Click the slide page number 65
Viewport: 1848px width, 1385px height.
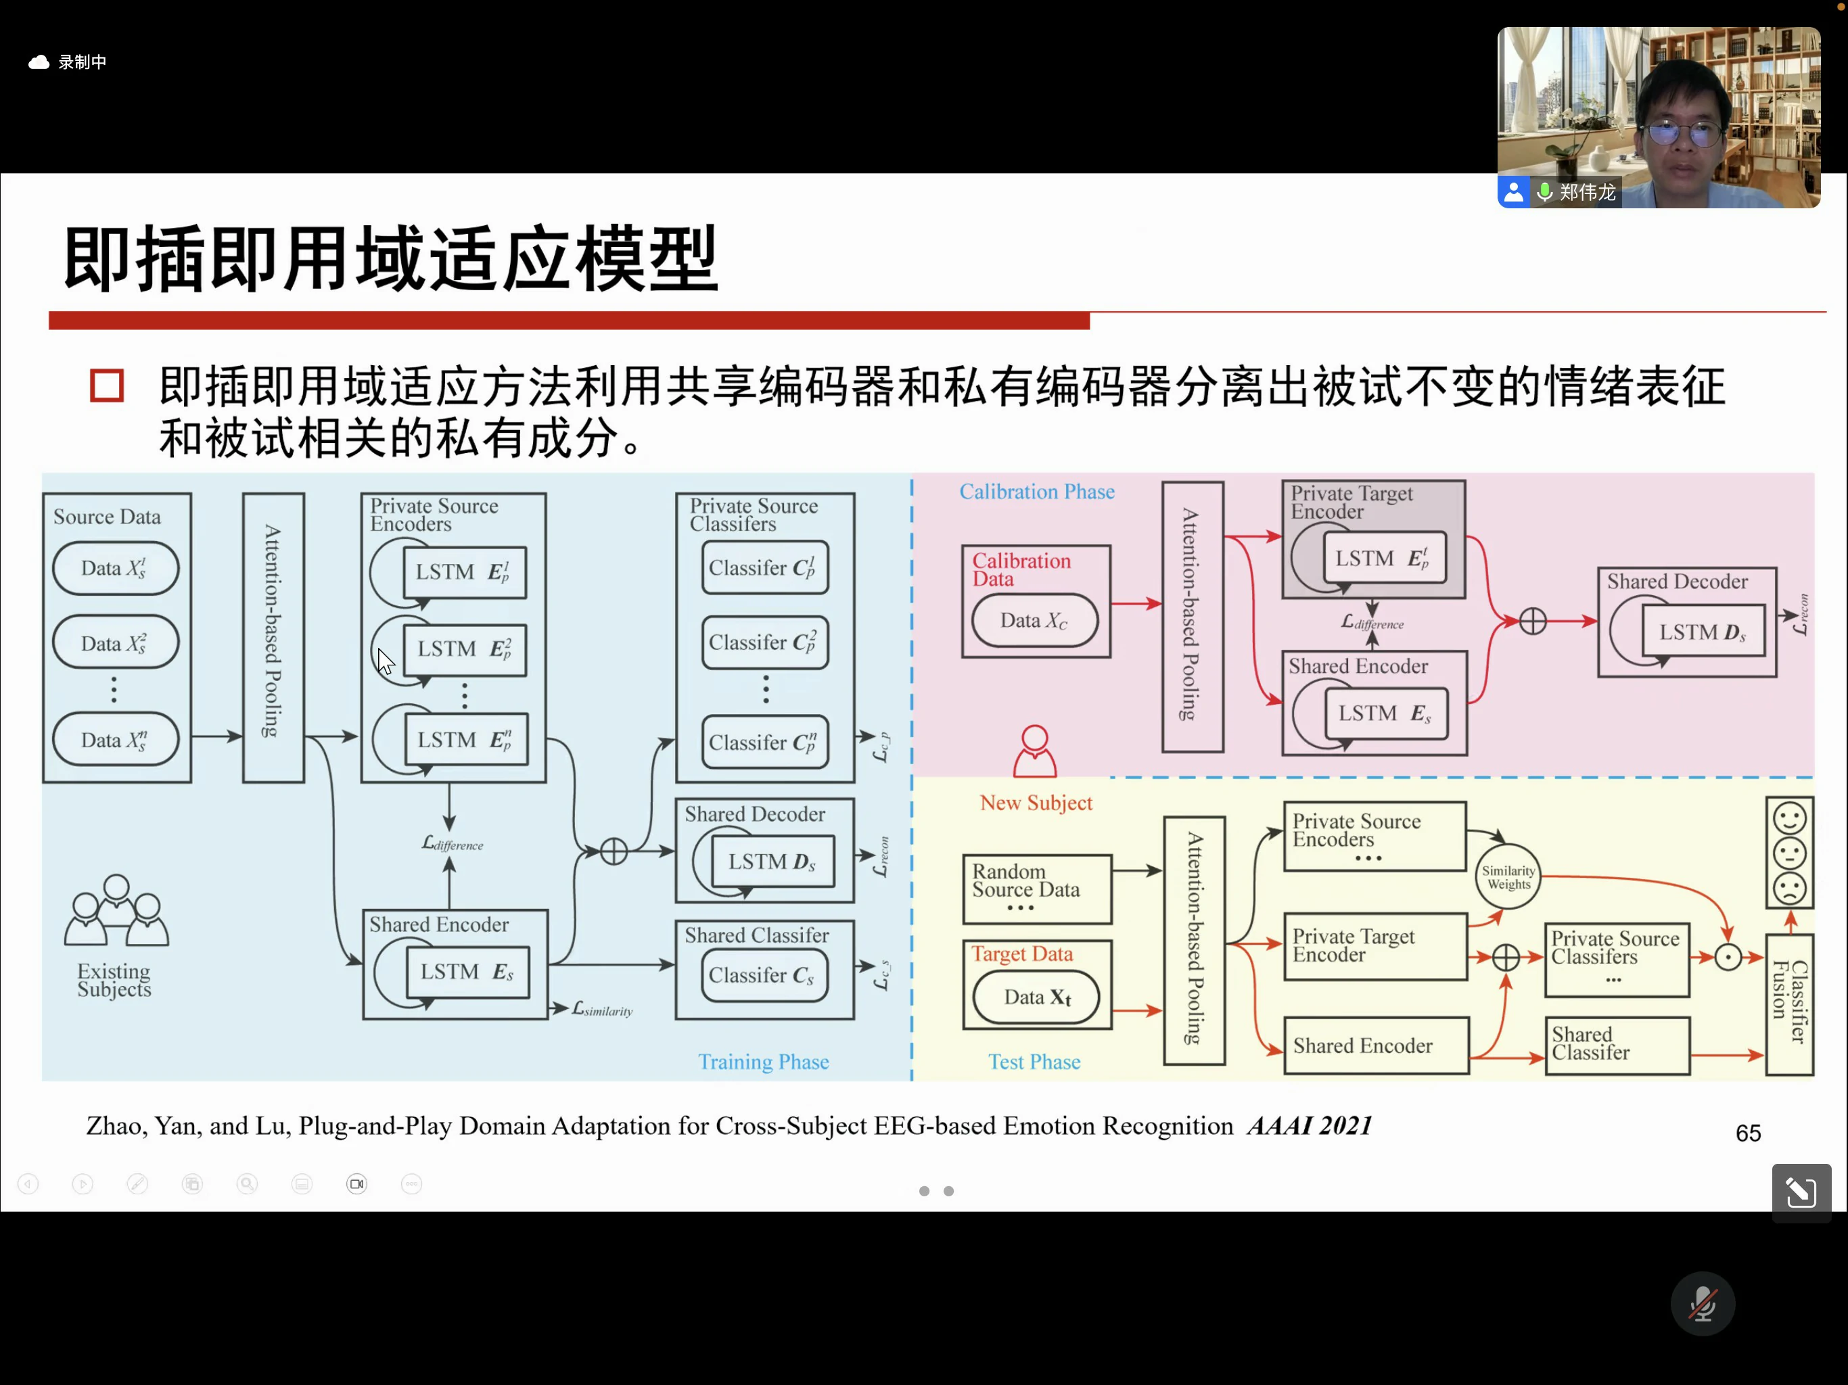point(1747,1133)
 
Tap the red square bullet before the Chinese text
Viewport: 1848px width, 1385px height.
point(107,386)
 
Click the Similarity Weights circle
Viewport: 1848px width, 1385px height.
point(1508,877)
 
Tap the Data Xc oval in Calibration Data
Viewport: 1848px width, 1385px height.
point(1034,621)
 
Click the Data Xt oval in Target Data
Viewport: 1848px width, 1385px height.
point(1036,997)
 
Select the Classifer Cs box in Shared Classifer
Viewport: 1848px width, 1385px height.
point(764,976)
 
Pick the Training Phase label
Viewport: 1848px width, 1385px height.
point(764,1062)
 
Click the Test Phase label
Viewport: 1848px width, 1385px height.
point(1034,1062)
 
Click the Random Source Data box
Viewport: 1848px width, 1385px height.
point(1037,889)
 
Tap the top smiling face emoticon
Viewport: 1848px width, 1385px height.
point(1790,820)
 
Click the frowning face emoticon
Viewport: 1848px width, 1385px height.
point(1790,889)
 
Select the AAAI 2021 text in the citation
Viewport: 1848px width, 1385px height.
point(1309,1126)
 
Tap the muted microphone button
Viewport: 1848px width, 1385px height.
point(1702,1303)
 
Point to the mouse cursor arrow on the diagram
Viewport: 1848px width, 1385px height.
point(384,661)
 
